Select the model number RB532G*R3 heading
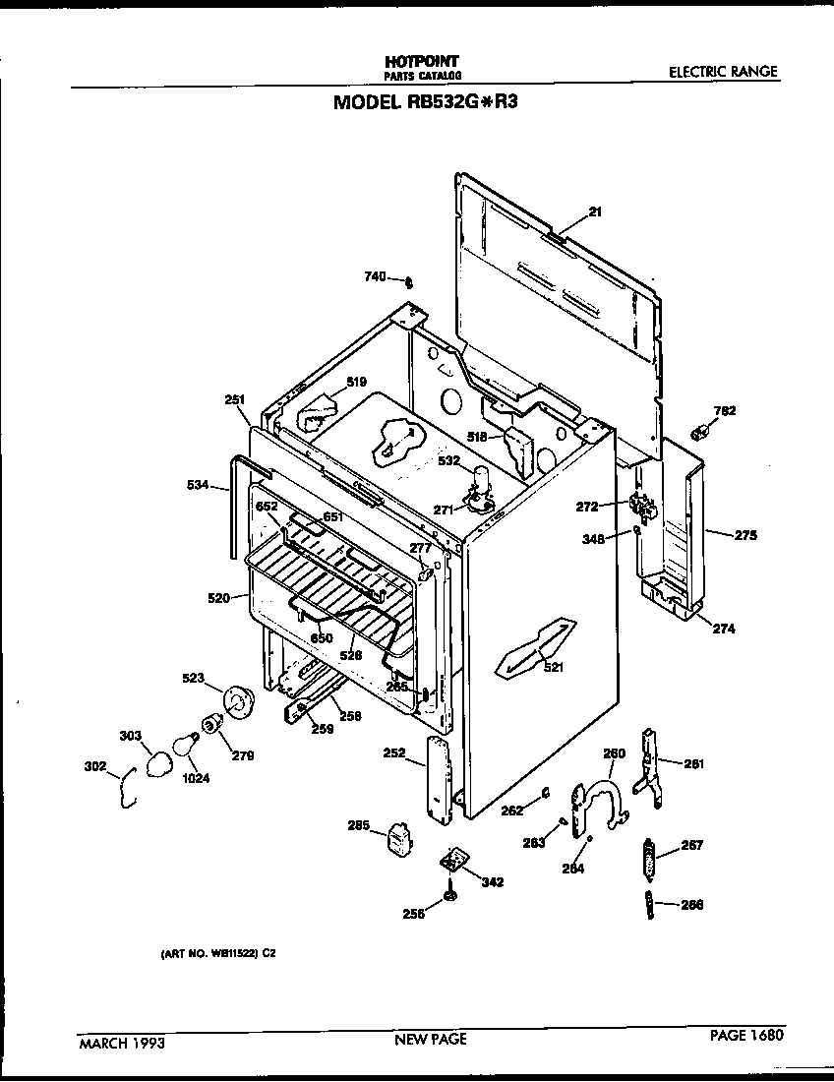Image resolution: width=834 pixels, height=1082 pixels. (x=424, y=101)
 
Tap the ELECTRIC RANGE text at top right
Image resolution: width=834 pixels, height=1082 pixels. (x=723, y=71)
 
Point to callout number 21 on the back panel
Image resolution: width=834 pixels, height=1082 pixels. (x=595, y=211)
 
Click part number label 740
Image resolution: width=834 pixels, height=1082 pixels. (x=376, y=278)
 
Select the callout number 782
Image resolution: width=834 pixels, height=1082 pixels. (x=725, y=410)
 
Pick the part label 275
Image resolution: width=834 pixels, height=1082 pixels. (x=745, y=535)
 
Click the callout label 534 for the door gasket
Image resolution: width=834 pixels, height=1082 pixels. (x=198, y=484)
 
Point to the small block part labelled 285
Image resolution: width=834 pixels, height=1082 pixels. (x=399, y=837)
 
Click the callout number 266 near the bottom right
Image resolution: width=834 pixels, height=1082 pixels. (x=691, y=906)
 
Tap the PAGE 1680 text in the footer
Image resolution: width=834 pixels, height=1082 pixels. (x=747, y=1035)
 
